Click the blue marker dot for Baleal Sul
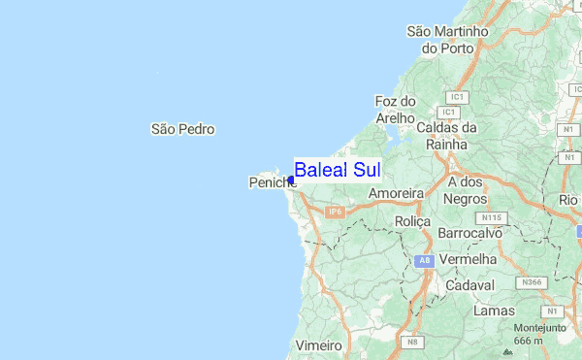tap(291, 180)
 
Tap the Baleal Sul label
tap(337, 170)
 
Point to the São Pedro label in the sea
tap(182, 129)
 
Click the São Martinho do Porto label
tap(447, 40)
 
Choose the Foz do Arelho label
tap(395, 110)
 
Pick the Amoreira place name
tap(397, 194)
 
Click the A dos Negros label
tap(465, 190)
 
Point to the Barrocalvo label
tap(469, 234)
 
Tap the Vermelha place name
tap(468, 260)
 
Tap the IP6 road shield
tap(336, 212)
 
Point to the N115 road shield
tap(494, 217)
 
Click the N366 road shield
tap(532, 282)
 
